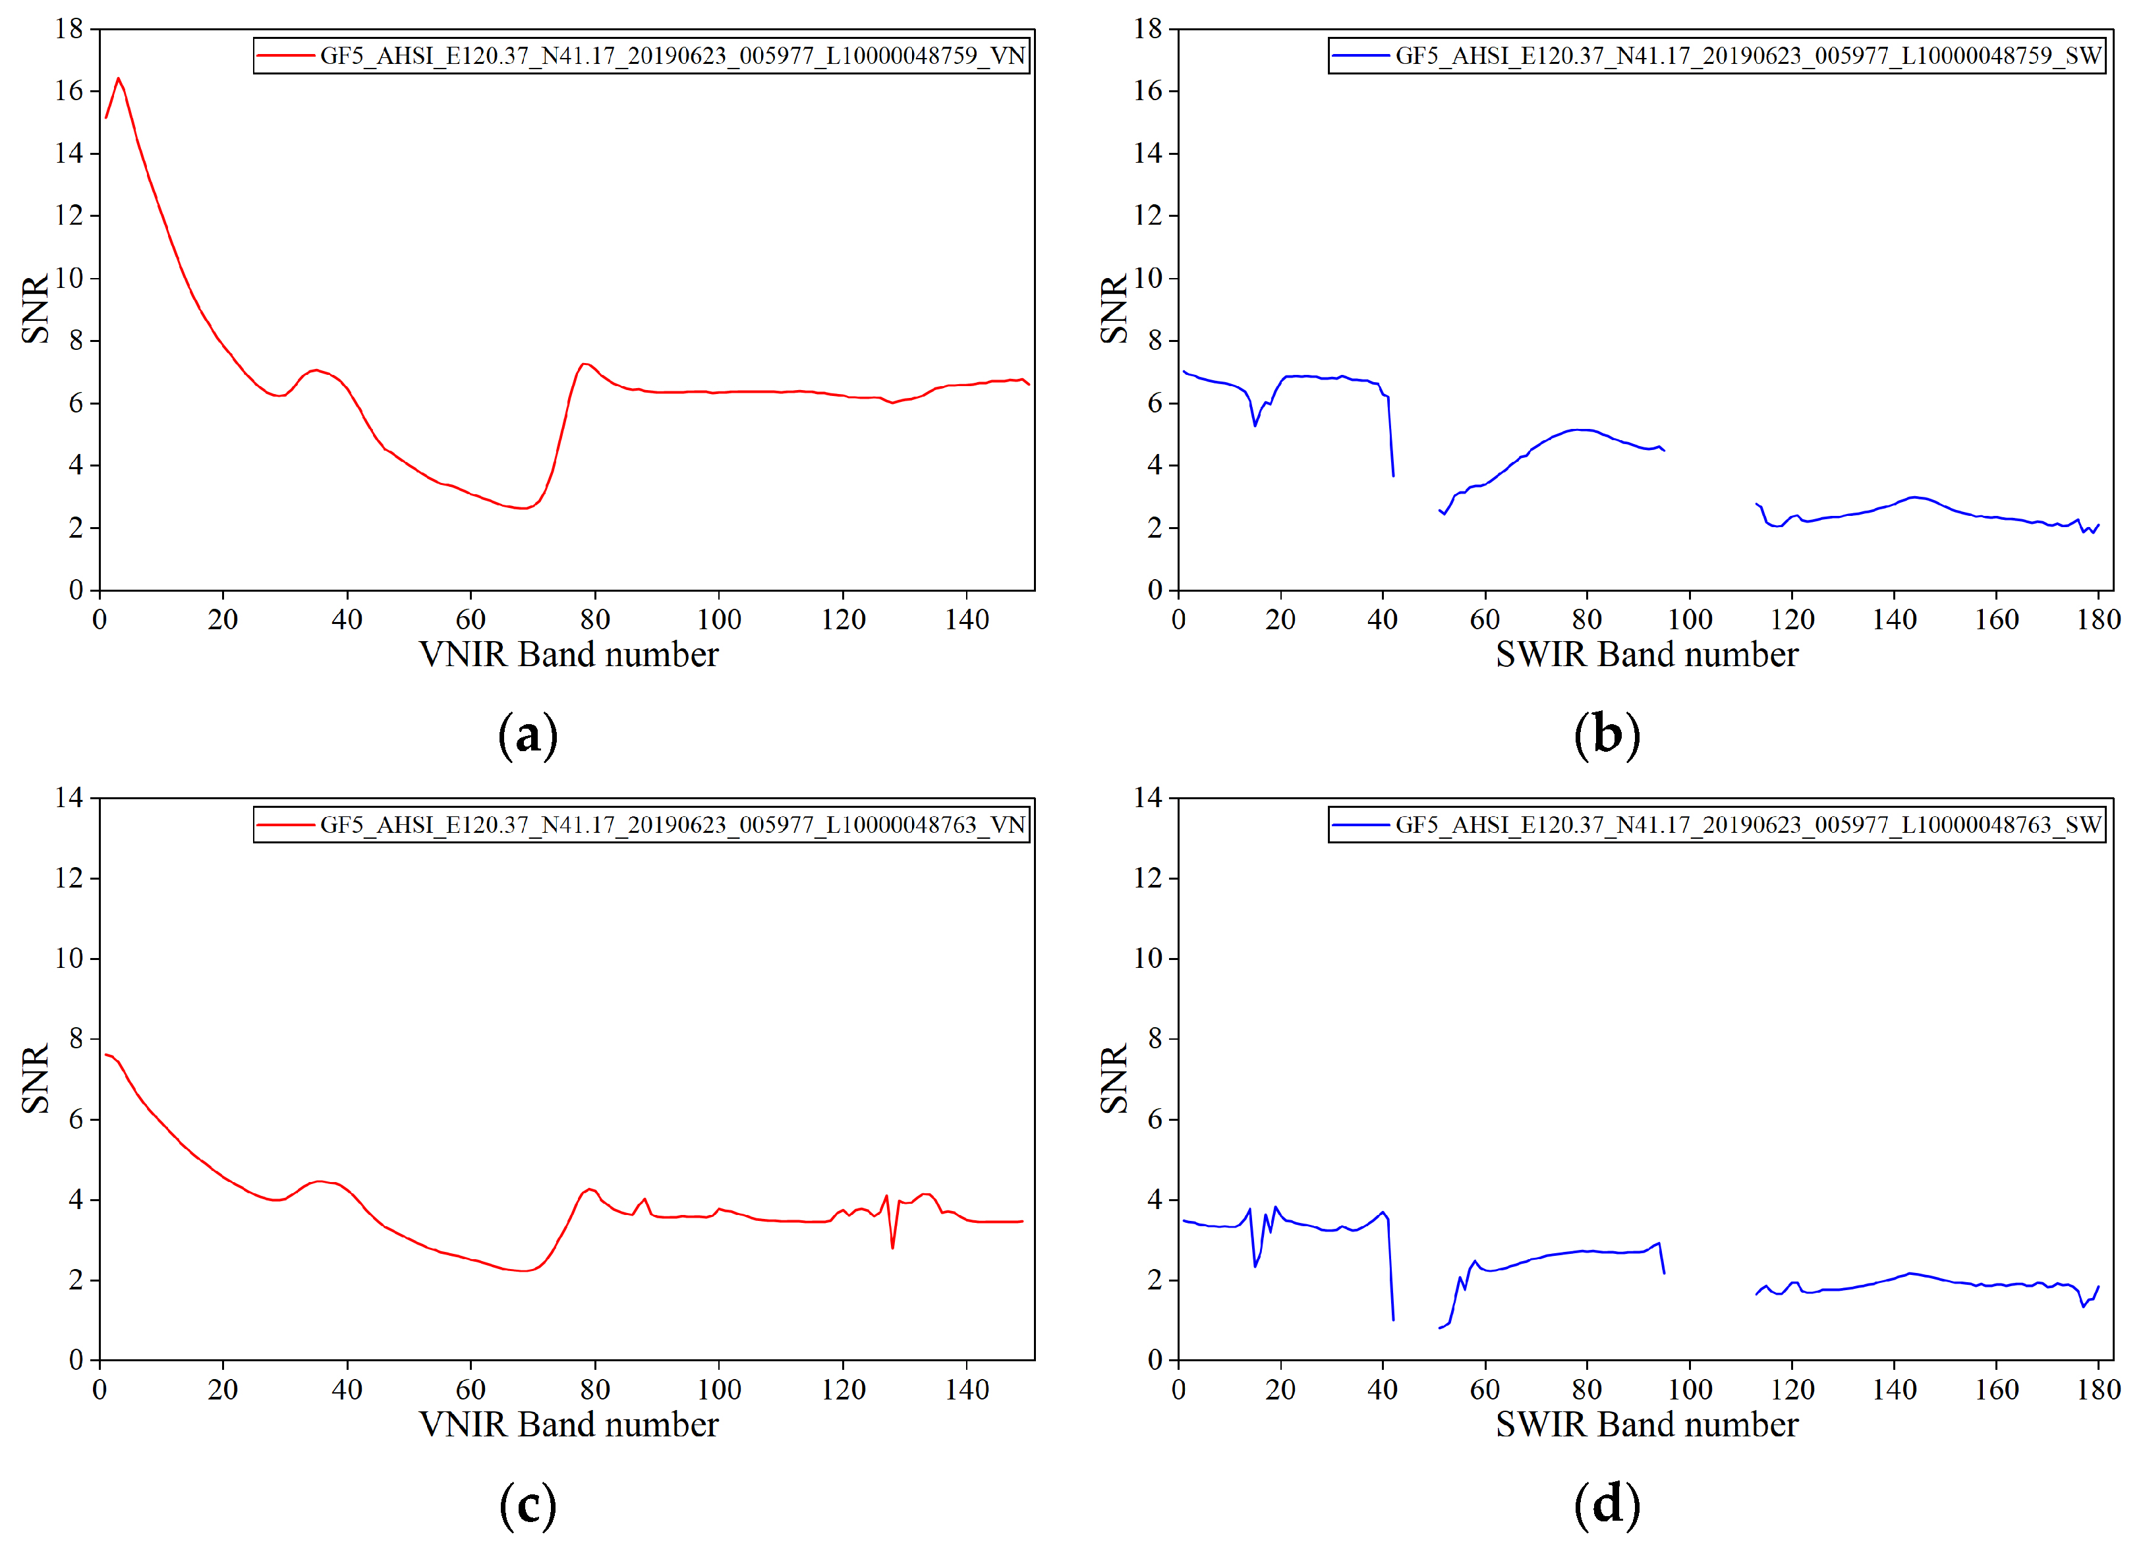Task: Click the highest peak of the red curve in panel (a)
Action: [x=118, y=78]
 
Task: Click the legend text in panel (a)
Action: [x=672, y=56]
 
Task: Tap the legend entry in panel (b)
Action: [x=1748, y=56]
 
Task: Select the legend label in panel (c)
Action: [x=672, y=825]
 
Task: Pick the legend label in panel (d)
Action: [x=1748, y=825]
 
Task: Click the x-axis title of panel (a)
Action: [x=569, y=654]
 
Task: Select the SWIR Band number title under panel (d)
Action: [x=1647, y=1425]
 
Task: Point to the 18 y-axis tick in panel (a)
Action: [x=69, y=29]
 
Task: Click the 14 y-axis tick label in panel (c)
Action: [x=69, y=799]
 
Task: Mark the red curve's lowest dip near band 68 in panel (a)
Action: [x=522, y=509]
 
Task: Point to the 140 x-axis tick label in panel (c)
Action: [x=967, y=1390]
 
